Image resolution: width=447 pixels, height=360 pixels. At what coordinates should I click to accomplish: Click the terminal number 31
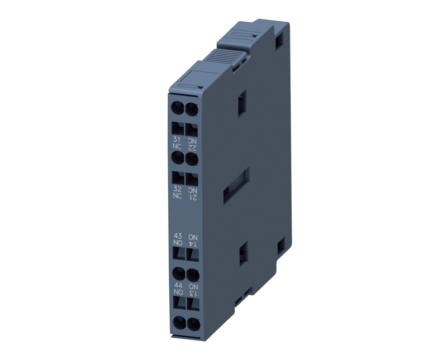pos(177,140)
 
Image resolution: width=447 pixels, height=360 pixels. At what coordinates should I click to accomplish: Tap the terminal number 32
pos(177,189)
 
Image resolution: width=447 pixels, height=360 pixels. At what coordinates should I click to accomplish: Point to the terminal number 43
pos(178,236)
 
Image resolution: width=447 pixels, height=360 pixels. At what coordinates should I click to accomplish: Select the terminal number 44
pos(178,285)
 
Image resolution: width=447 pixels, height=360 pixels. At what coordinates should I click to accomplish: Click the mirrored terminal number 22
pos(192,147)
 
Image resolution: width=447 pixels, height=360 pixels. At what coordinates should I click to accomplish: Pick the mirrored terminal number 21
pos(193,197)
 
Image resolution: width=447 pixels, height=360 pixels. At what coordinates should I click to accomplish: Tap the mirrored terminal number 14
pos(193,244)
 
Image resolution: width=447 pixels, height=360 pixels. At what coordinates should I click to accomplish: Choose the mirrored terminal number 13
pos(193,294)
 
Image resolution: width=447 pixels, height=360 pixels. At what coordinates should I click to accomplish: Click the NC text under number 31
pos(177,147)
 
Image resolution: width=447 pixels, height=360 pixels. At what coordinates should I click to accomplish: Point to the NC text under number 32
pos(177,196)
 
